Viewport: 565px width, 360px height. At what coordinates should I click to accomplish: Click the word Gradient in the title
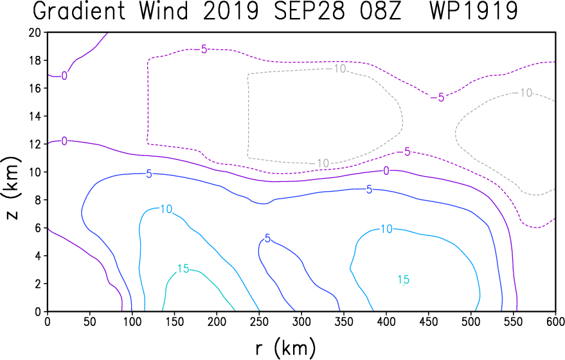[79, 11]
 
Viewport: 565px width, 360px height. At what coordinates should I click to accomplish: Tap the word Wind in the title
[165, 11]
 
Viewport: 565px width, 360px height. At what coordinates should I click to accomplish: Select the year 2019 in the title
[231, 11]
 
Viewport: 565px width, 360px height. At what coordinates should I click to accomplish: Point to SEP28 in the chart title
[309, 11]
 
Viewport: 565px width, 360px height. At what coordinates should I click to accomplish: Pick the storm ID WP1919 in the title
[474, 11]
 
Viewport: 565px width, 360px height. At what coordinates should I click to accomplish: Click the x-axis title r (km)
[285, 348]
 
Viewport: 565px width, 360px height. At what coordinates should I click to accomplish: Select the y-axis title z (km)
[12, 188]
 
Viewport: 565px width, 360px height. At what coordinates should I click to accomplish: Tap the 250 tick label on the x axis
[260, 322]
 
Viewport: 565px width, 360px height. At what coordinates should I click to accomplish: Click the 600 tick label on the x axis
[555, 322]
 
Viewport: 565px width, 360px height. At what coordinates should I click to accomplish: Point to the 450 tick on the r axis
[429, 322]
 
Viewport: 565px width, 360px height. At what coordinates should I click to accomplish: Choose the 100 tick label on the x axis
[132, 322]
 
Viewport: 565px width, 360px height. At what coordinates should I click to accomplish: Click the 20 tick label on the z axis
[35, 32]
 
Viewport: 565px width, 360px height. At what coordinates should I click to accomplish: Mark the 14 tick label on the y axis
[35, 116]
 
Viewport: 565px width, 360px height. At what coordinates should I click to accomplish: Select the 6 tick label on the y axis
[39, 228]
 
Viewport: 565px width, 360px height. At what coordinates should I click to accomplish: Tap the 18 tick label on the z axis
[35, 60]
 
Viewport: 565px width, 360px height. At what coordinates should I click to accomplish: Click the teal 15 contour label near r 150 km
[183, 269]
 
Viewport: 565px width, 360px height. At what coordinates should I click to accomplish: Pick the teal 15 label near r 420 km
[403, 280]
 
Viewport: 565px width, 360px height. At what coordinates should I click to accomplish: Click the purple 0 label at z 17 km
[64, 76]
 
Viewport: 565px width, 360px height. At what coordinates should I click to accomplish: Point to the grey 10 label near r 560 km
[526, 93]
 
